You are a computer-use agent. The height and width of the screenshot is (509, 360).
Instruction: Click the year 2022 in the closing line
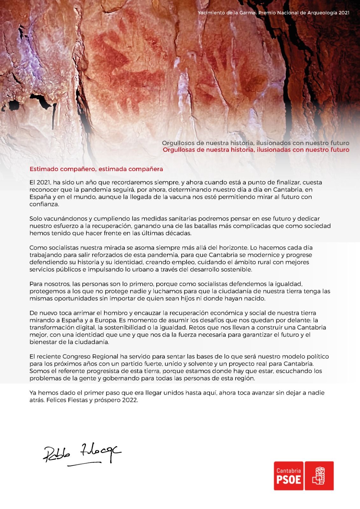130,400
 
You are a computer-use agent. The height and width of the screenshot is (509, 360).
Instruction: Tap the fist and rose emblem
319,476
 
